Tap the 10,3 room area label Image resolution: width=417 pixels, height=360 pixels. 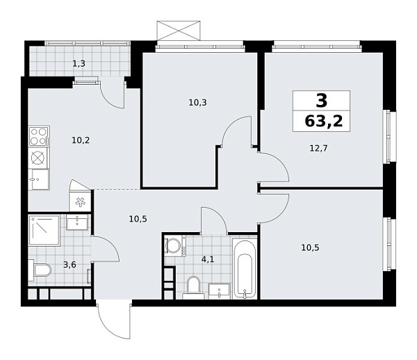[198, 103]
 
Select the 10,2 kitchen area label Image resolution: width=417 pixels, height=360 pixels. [81, 140]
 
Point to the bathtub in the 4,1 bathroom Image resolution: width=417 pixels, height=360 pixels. [245, 269]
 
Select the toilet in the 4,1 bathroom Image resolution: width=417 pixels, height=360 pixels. [193, 284]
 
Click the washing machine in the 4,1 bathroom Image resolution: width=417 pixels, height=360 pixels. [174, 246]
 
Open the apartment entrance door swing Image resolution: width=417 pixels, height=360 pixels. [113, 320]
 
